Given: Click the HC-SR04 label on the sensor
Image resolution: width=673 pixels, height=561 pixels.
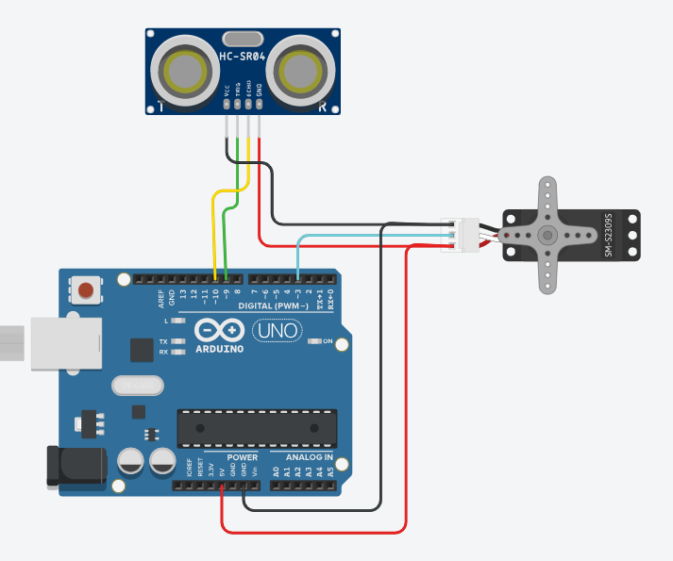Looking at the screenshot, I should click(x=243, y=58).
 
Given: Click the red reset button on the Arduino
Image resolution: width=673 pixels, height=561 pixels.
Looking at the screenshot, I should click(x=87, y=289).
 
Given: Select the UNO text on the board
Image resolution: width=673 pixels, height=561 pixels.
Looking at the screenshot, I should click(x=277, y=331).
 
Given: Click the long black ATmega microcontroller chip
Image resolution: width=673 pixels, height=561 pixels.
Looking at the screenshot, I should click(x=257, y=427).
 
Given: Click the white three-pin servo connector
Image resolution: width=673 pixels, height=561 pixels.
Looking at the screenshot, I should click(x=463, y=235).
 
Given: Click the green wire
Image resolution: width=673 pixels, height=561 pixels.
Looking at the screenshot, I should click(x=227, y=236).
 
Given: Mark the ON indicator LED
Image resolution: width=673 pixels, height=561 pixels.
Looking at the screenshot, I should click(x=314, y=340).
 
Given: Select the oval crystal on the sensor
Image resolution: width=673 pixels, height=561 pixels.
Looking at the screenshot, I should click(x=243, y=39).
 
